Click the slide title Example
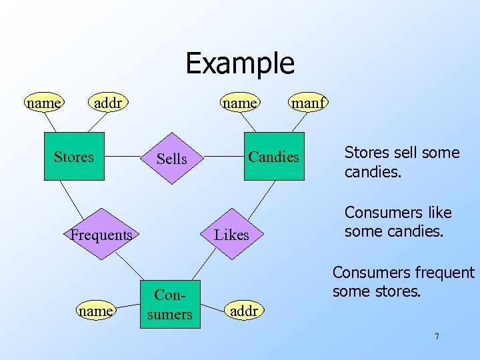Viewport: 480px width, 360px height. (x=239, y=63)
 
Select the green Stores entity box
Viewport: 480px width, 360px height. (x=74, y=157)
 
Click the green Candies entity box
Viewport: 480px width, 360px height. (x=273, y=157)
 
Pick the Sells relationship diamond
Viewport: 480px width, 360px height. (x=171, y=159)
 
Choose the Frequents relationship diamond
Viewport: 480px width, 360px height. (x=101, y=235)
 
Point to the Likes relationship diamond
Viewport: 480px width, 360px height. (x=231, y=235)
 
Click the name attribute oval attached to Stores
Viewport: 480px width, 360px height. (x=43, y=103)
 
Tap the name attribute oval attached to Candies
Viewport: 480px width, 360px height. (x=240, y=103)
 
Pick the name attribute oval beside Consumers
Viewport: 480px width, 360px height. (x=95, y=311)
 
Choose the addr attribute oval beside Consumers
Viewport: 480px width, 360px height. (x=244, y=311)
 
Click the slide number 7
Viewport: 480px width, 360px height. (x=437, y=337)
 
